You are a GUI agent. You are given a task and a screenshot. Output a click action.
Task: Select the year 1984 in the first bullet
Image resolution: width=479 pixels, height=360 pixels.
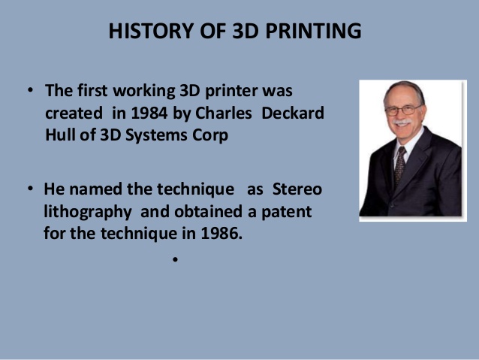[149, 113]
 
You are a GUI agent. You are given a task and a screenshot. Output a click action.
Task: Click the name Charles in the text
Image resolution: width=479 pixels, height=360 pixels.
[224, 113]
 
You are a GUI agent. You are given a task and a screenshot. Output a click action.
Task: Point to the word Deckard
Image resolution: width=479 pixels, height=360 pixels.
[293, 113]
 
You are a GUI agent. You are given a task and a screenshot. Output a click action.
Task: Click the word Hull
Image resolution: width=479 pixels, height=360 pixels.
[60, 135]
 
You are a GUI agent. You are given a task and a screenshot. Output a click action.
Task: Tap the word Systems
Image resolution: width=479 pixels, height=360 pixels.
[156, 135]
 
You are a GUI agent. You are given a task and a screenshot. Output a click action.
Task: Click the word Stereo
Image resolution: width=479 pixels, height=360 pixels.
[297, 189]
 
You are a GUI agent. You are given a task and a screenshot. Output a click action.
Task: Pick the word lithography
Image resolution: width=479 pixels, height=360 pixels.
[88, 212]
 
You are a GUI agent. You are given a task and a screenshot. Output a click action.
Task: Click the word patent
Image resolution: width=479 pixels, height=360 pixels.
[287, 212]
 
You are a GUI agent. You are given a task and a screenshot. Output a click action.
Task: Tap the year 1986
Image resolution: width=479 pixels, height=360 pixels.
[221, 234]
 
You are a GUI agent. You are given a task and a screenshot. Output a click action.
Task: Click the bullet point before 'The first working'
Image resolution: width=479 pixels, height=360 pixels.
[30, 90]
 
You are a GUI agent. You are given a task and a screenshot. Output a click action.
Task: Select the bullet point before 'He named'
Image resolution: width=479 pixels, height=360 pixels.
[30, 189]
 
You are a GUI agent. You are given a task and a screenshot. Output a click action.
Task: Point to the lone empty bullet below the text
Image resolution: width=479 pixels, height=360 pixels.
[175, 260]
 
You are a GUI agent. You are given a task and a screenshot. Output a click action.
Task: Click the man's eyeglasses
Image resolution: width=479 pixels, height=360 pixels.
[404, 110]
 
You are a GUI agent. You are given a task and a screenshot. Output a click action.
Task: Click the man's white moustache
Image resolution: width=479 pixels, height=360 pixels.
[402, 123]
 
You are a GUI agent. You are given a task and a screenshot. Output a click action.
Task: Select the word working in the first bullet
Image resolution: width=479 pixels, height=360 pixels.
[144, 91]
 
